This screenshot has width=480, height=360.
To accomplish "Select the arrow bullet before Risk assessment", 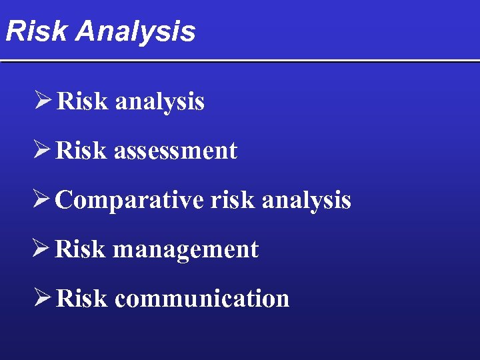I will (42, 150).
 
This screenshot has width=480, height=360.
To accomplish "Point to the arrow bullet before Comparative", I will (42, 199).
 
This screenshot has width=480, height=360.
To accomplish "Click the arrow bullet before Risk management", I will (42, 249).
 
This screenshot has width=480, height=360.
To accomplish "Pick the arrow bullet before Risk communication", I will (42, 298).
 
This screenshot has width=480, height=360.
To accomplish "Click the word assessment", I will (175, 151).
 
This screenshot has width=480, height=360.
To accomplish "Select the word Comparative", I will (129, 200).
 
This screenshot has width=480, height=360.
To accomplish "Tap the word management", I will (185, 249).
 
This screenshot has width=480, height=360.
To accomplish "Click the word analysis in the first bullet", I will (159, 102).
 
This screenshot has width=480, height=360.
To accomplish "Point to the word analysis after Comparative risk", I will (306, 200).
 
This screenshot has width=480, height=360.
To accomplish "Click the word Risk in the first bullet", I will (82, 101).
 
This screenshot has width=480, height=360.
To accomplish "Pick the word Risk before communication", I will (81, 299).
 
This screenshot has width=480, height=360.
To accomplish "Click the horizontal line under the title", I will (240, 61).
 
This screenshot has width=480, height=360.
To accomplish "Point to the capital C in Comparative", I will (64, 200).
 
